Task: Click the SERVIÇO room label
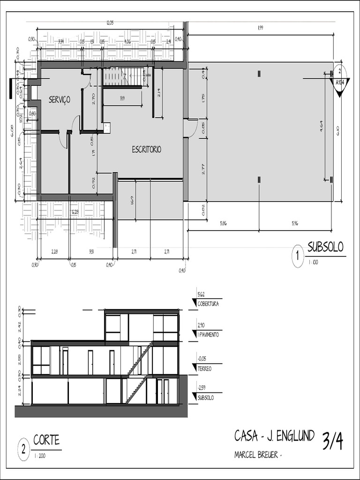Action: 60,99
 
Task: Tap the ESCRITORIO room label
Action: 146,150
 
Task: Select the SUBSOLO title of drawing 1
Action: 325,247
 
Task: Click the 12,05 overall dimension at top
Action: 110,23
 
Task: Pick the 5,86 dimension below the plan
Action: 223,224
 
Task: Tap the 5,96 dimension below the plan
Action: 294,224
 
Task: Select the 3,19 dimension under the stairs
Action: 122,98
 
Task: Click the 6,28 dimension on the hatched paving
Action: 75,212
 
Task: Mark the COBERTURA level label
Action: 208,304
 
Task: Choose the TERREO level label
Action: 204,369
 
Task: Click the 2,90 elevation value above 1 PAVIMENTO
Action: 201,325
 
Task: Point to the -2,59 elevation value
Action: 202,388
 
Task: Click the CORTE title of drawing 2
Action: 46,440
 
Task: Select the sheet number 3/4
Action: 332,442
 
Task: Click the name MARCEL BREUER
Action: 256,455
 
